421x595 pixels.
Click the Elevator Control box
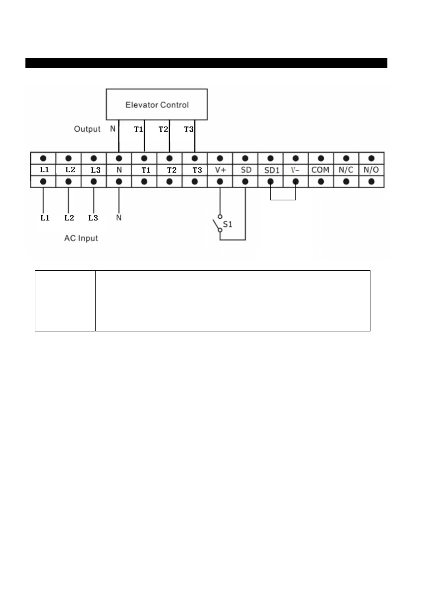coord(157,105)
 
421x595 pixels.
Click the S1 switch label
coord(227,224)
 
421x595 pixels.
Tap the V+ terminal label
coord(220,170)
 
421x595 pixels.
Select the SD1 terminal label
coord(271,170)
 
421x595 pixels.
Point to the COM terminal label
coord(320,170)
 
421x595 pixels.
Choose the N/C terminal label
coord(346,170)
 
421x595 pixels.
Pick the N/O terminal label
coord(371,170)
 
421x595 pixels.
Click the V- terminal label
coord(295,170)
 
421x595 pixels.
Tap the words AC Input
coord(81,238)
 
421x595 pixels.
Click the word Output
coord(87,129)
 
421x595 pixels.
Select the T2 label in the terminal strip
coord(172,170)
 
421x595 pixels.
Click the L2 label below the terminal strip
coord(69,218)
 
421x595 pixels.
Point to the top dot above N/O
coord(371,158)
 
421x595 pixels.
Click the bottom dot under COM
coord(321,182)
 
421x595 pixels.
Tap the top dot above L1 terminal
coord(43,158)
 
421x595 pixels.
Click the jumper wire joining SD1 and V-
coord(283,200)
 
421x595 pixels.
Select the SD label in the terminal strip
coord(246,170)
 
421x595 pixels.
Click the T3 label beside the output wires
coord(188,129)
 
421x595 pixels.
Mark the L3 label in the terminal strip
coord(96,170)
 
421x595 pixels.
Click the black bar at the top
coord(206,63)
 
